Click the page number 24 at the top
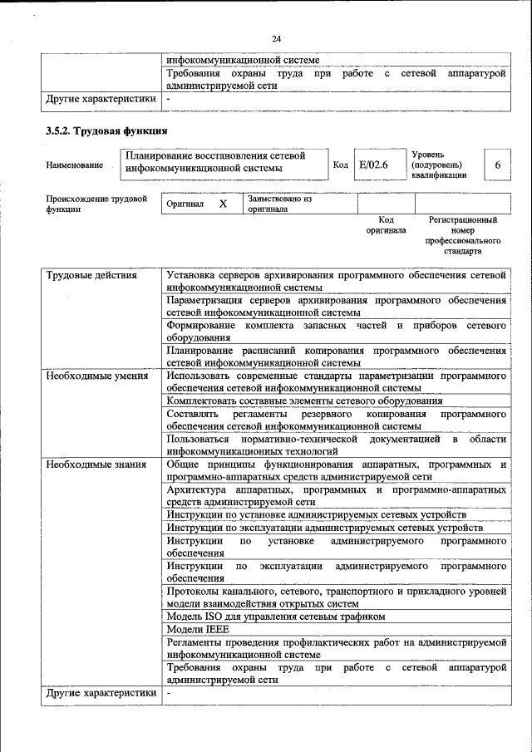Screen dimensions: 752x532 pyautogui.click(x=276, y=38)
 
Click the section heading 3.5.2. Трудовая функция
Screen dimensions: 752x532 pyautogui.click(x=106, y=130)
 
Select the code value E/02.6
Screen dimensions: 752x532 pyautogui.click(x=373, y=165)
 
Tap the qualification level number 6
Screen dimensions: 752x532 pyautogui.click(x=497, y=165)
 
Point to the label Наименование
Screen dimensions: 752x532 pyautogui.click(x=75, y=165)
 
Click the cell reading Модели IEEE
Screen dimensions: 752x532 pyautogui.click(x=197, y=629)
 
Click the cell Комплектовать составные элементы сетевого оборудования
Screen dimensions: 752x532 pyautogui.click(x=304, y=401)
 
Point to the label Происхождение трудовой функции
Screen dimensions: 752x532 pyautogui.click(x=96, y=204)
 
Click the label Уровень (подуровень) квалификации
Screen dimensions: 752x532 pyautogui.click(x=439, y=165)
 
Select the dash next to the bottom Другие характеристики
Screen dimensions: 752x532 pyautogui.click(x=168, y=692)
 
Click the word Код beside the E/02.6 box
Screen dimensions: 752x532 pyautogui.click(x=340, y=165)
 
